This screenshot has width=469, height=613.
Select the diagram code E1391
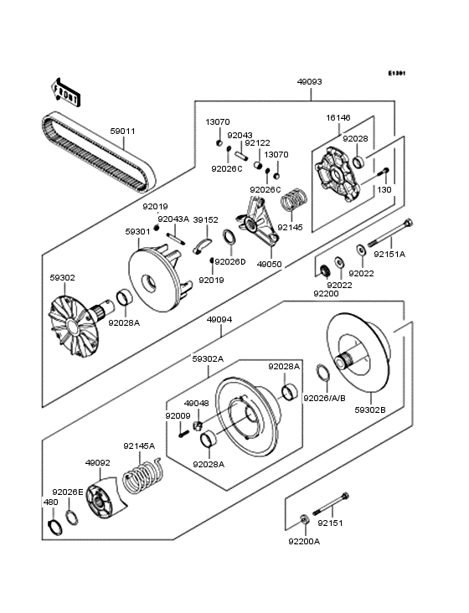396,73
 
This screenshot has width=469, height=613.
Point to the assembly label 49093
309,82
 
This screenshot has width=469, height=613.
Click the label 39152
205,219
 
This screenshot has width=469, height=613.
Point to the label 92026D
230,261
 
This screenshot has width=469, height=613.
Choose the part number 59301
138,232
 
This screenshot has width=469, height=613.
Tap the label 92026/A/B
321,398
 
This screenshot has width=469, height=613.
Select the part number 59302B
371,410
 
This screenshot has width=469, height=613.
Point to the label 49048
196,403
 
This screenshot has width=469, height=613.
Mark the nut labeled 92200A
305,523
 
